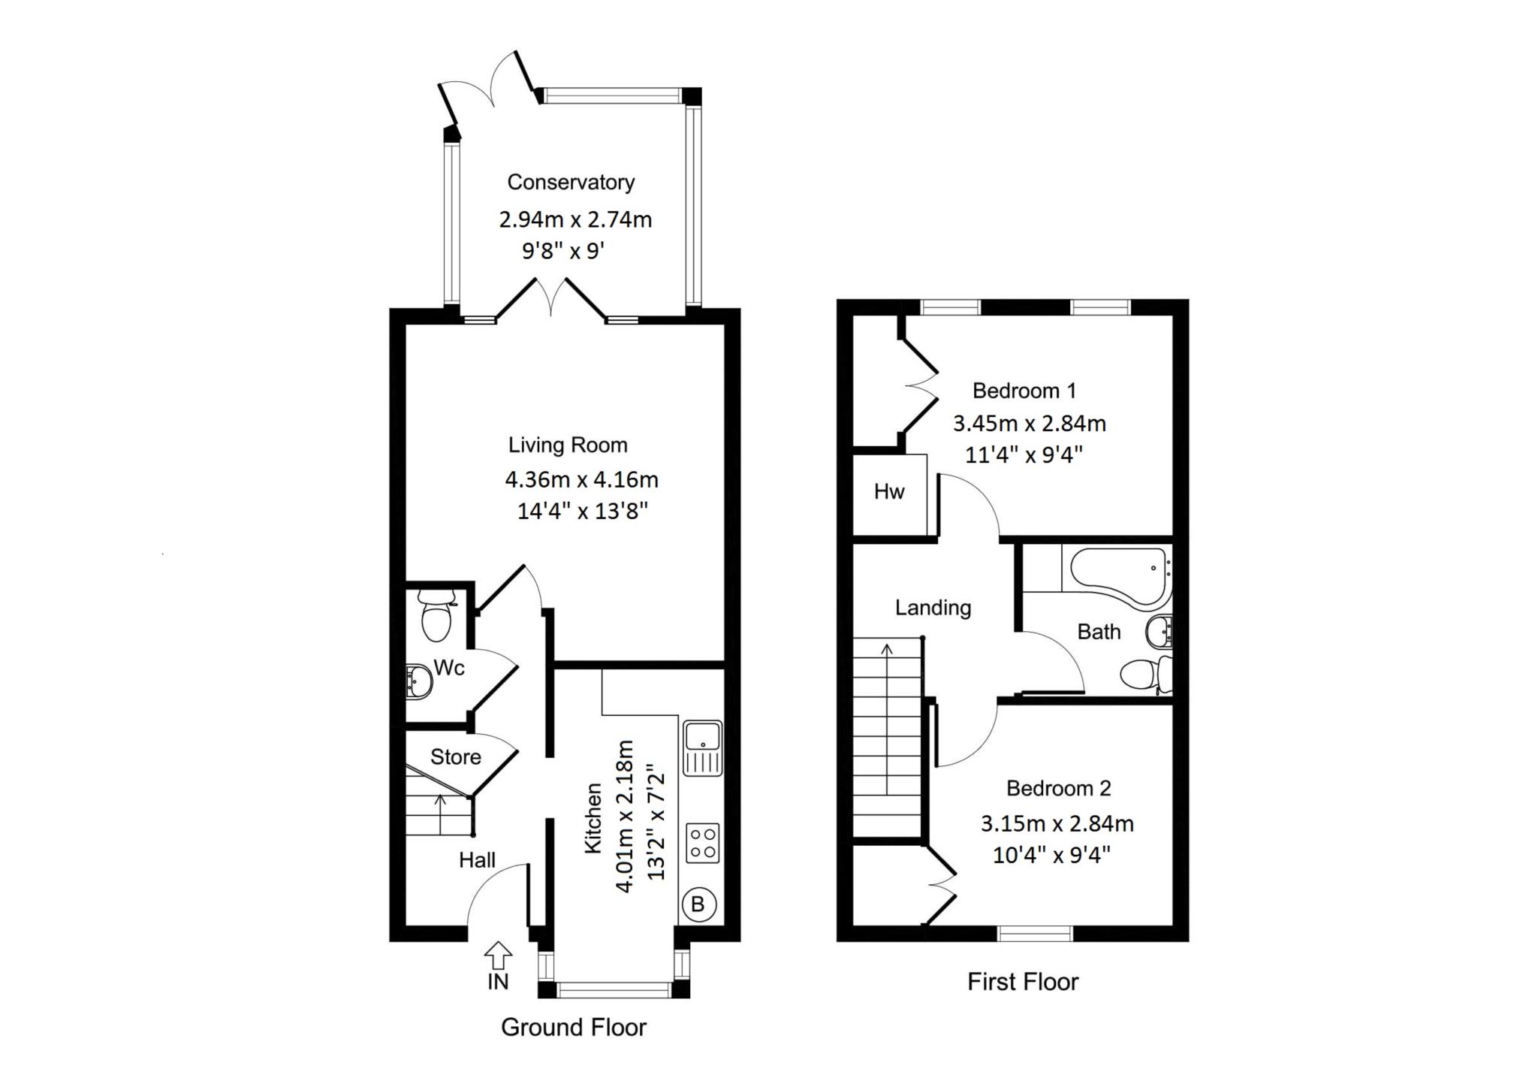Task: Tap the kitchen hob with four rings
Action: [703, 843]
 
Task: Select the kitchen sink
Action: [703, 748]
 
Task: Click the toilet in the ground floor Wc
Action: [436, 616]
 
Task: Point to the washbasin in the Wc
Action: [418, 681]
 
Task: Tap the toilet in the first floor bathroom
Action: [1146, 674]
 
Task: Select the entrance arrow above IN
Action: [498, 956]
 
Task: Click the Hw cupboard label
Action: [889, 492]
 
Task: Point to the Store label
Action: [455, 756]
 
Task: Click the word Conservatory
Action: [571, 182]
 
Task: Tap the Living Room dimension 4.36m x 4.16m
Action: [582, 479]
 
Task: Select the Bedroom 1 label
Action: [1024, 391]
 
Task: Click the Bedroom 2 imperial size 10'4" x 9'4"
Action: [1051, 855]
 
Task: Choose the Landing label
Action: [933, 608]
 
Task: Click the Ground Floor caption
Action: [574, 1027]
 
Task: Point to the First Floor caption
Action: [1023, 982]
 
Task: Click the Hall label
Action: [478, 860]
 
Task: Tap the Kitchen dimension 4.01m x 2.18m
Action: [625, 816]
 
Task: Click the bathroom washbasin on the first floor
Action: [1160, 632]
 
